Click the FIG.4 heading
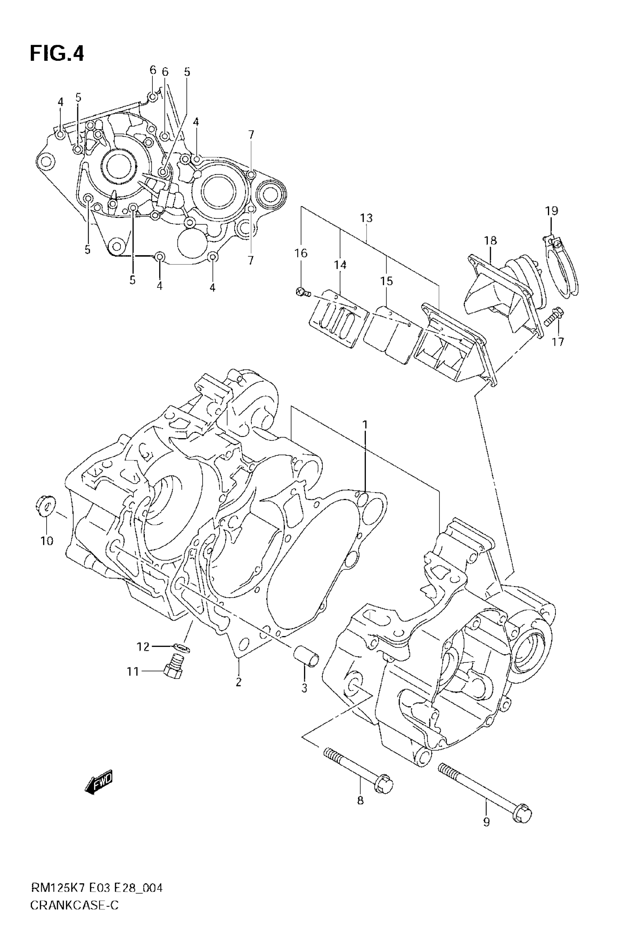pyautogui.click(x=57, y=54)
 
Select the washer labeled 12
pyautogui.click(x=182, y=647)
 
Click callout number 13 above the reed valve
pyautogui.click(x=366, y=218)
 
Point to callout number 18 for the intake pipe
pyautogui.click(x=490, y=240)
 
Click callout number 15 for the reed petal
pyautogui.click(x=387, y=281)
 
